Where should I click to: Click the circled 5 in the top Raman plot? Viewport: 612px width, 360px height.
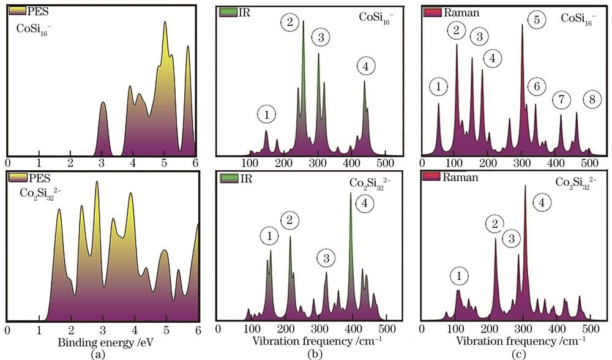(x=537, y=20)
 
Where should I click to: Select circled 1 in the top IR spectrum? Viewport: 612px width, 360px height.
(x=267, y=113)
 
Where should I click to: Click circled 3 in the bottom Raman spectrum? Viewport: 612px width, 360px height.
(x=512, y=239)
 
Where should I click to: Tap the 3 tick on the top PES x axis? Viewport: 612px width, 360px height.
(x=102, y=163)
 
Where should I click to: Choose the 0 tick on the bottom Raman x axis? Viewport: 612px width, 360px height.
(x=422, y=328)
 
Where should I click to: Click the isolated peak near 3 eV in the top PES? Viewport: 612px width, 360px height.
(x=103, y=104)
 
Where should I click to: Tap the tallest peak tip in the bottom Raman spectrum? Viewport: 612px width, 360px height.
(x=525, y=186)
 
